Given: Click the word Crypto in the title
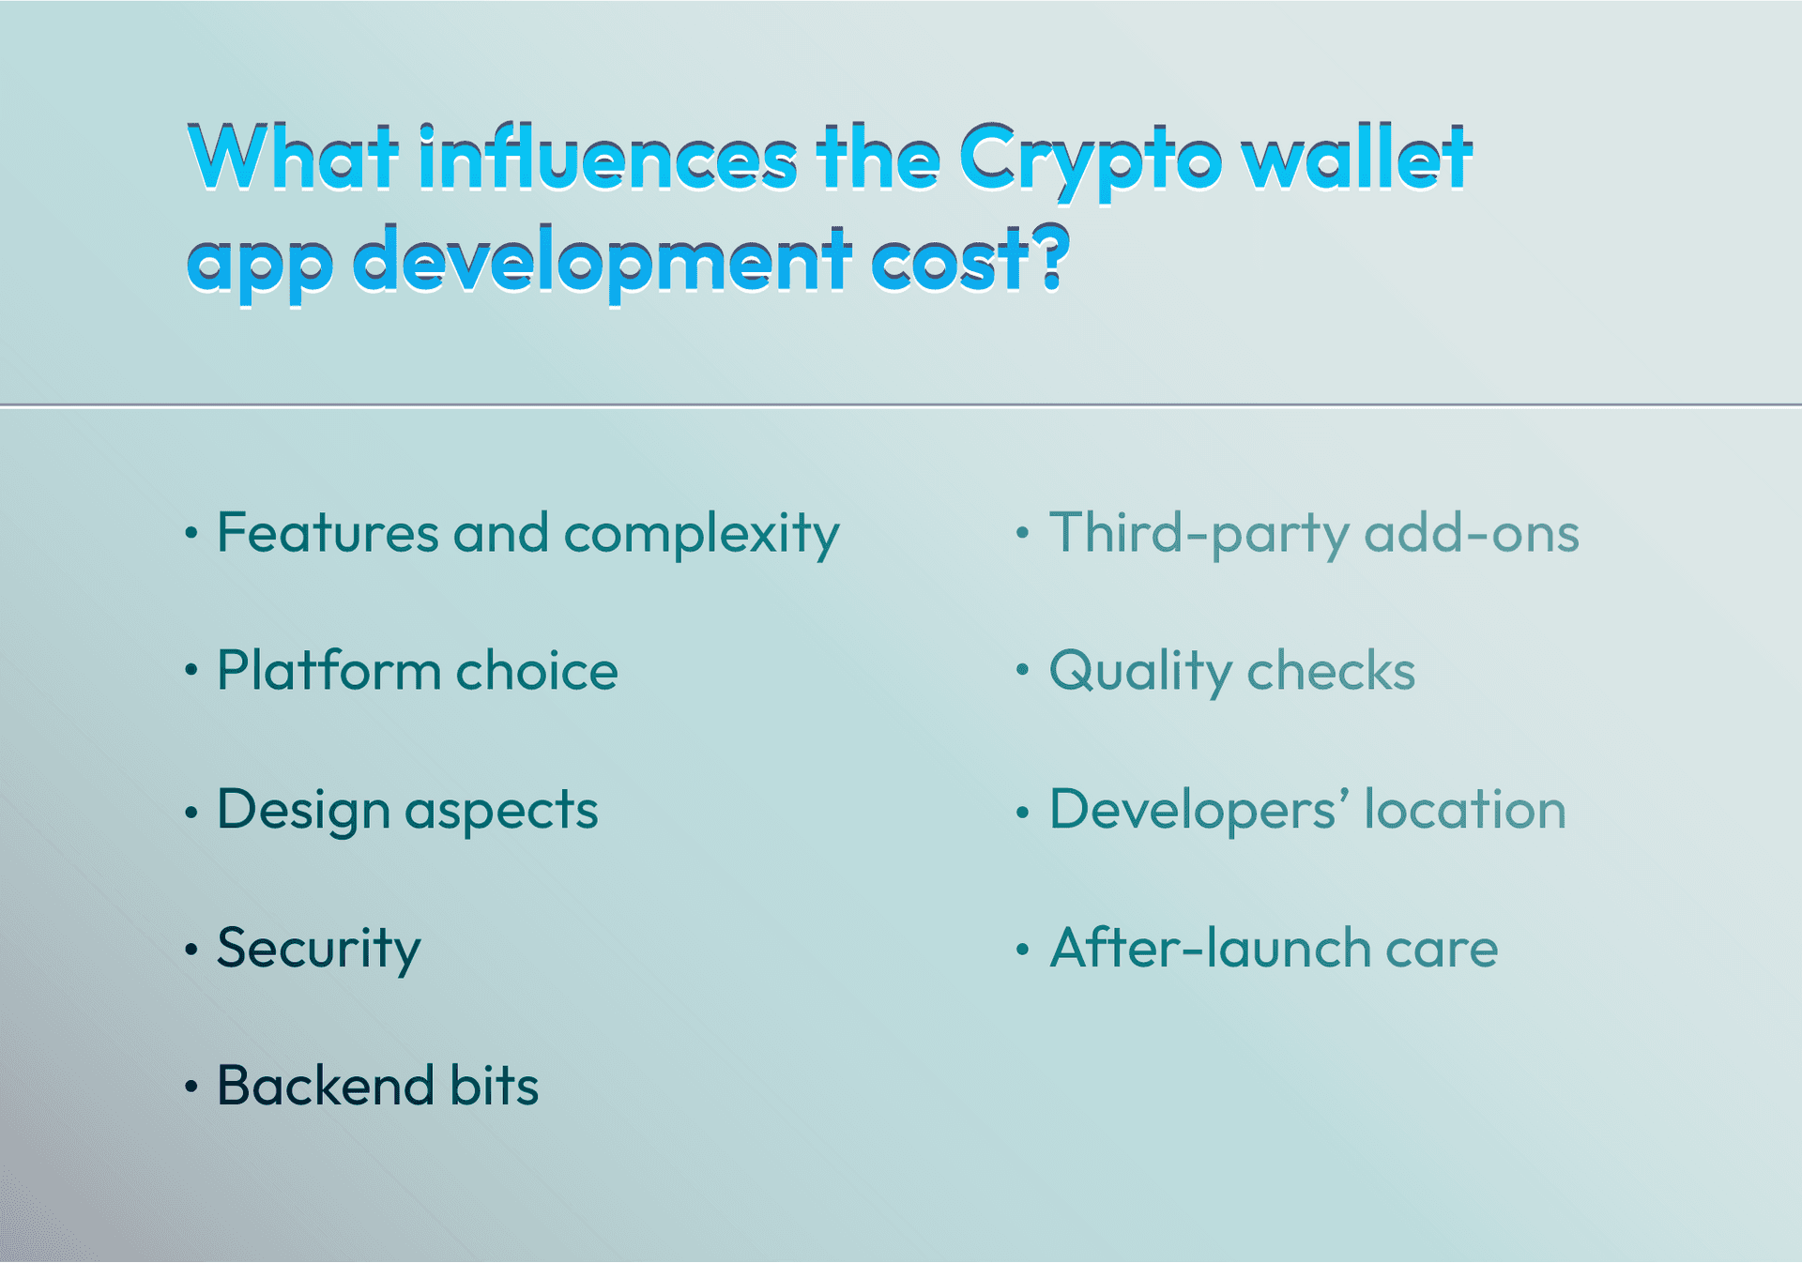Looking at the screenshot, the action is coord(1090,161).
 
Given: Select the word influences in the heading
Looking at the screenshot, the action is coord(608,158).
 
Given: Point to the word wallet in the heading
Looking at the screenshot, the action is coord(1356,157).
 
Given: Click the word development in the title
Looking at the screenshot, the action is coord(603,262).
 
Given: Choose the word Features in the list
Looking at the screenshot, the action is coord(328,532).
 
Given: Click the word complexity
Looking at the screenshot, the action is coord(701,535).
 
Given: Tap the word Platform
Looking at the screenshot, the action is coord(328,670).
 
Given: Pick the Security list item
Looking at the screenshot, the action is coord(318,950).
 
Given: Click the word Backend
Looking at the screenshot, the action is coord(325,1086).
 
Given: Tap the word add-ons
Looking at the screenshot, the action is coord(1472,532).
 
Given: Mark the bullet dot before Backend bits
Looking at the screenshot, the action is coord(191,1088).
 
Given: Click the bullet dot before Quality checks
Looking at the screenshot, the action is coord(1022,671).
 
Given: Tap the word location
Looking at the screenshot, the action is coord(1465,809).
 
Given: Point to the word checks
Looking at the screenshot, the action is coord(1331,670).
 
